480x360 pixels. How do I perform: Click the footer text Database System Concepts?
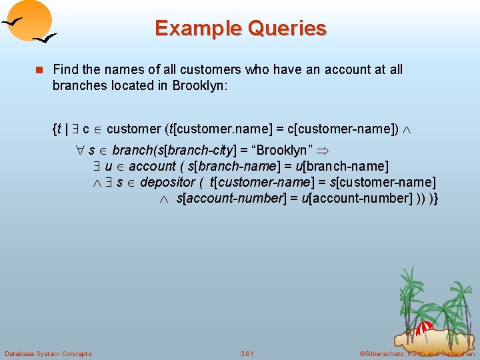48,353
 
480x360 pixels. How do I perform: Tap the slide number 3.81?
247,353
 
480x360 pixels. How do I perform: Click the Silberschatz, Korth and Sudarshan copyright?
416,353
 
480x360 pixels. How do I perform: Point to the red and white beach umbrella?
425,326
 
